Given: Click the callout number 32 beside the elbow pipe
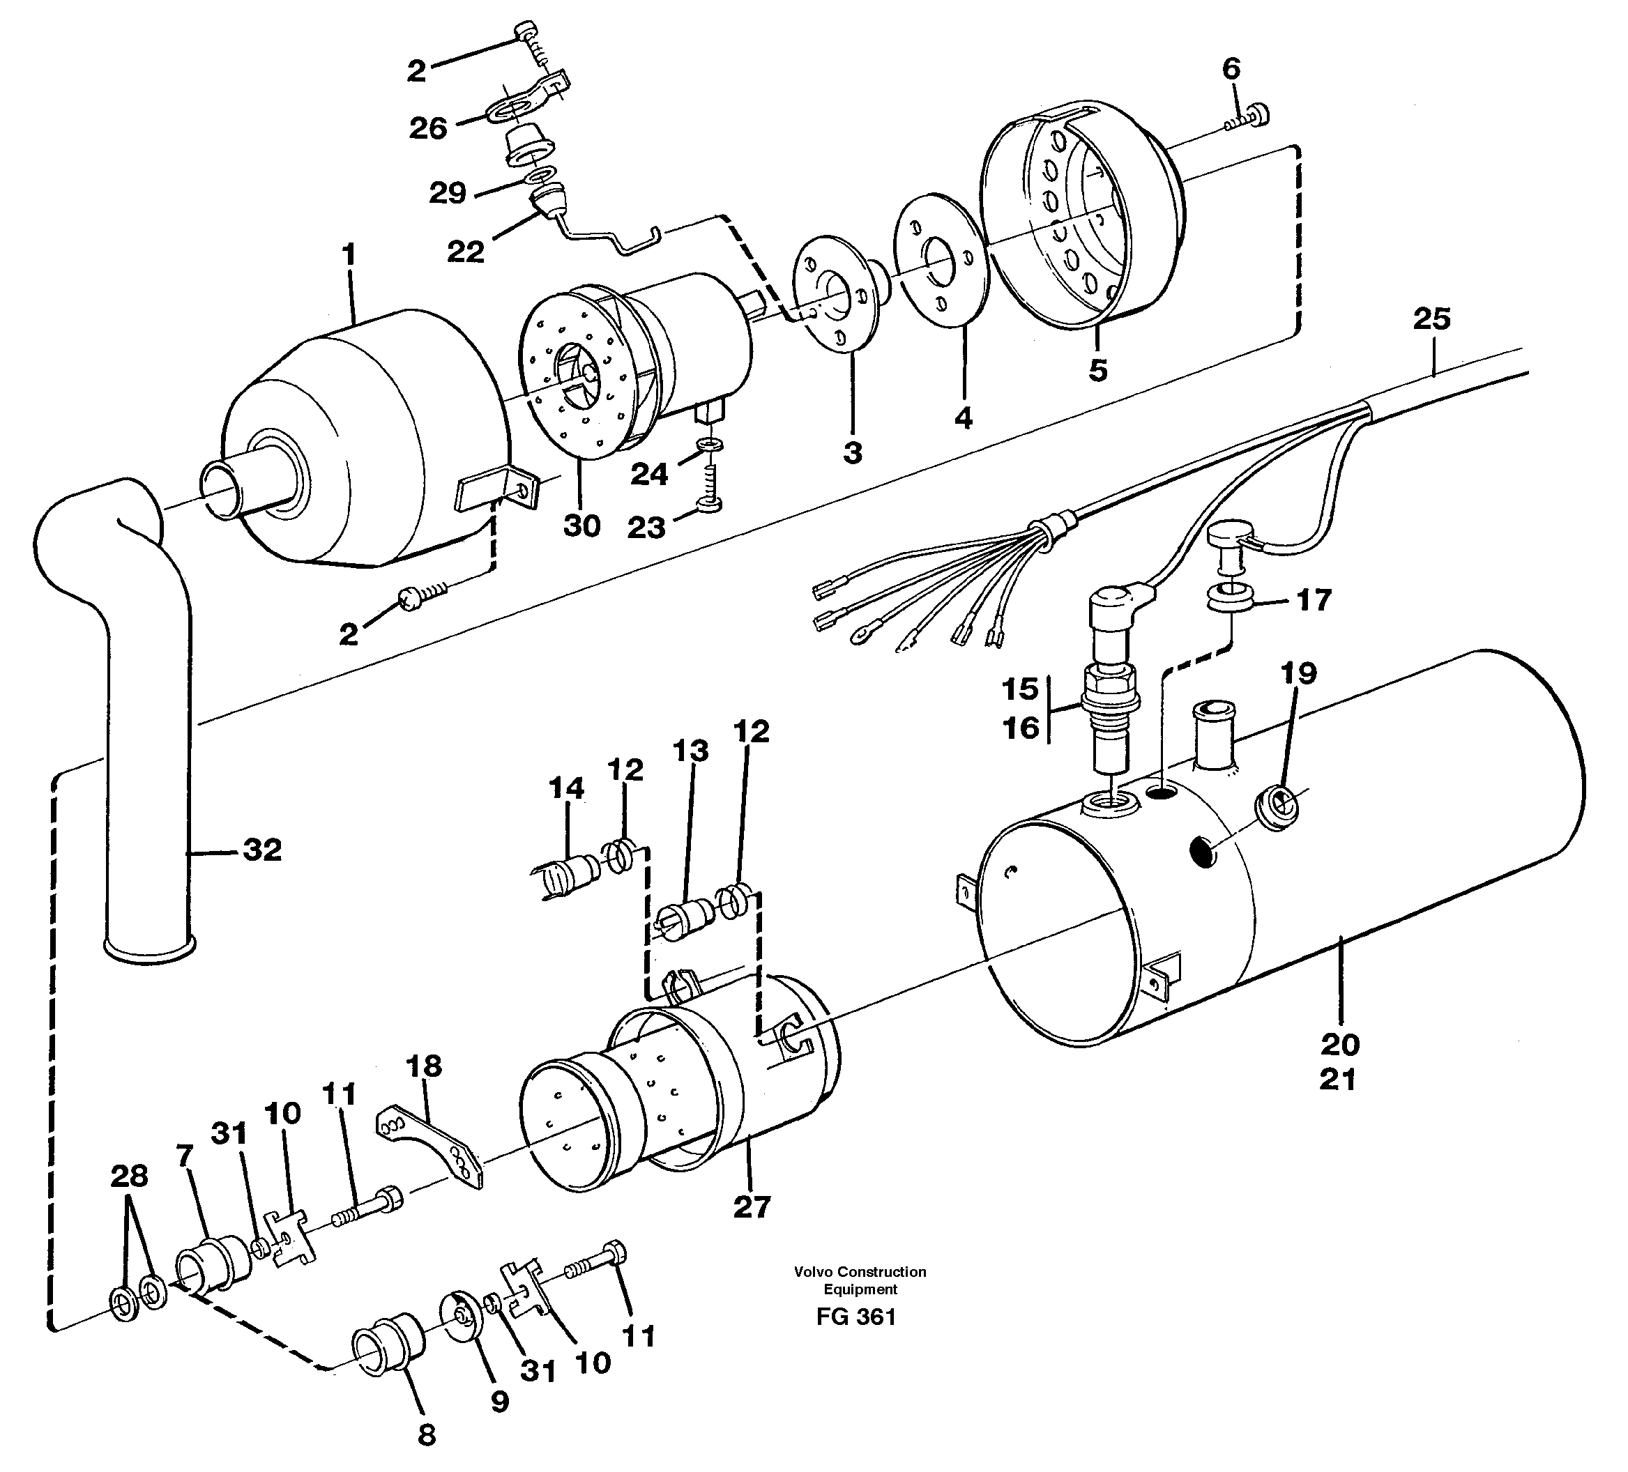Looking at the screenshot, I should coord(262,850).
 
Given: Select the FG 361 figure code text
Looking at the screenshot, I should coord(856,1317).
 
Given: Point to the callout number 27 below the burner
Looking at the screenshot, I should coord(752,1207).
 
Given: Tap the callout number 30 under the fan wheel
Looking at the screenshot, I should coord(581,526).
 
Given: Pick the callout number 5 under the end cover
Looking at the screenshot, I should coord(1097,370).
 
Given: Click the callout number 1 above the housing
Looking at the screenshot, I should coord(348,255).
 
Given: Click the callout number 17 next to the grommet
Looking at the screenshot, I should coord(1314,600).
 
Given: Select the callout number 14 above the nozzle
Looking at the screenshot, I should coord(566,788).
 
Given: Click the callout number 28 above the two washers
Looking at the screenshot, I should coord(129,1176).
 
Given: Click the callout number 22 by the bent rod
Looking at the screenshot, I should coord(466,252).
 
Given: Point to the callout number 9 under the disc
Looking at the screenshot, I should coord(500,1402).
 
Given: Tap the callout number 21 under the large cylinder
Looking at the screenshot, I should coord(1338,1080).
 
